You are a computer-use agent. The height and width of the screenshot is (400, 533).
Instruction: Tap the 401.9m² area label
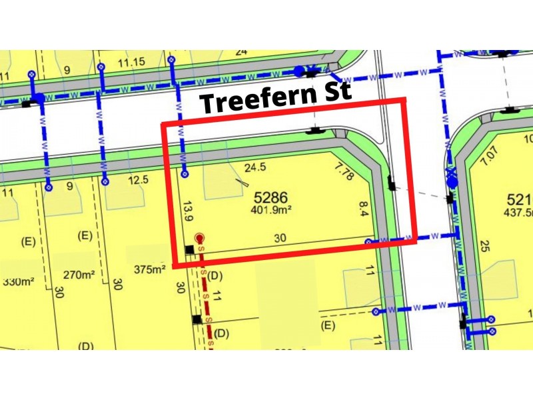click(272, 210)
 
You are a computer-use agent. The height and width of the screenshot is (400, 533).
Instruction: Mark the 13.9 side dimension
click(189, 212)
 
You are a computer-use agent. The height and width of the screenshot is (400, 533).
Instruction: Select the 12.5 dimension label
click(138, 179)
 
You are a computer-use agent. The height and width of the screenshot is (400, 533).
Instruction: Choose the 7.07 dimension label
click(488, 159)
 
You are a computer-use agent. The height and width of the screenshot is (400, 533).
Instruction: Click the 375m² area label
click(149, 269)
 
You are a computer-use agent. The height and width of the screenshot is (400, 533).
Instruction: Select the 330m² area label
click(19, 281)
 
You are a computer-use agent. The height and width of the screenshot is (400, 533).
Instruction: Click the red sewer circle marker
click(199, 237)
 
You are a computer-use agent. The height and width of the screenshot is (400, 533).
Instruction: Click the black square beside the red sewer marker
click(189, 250)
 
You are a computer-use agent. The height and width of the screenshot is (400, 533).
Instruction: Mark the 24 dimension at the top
click(241, 51)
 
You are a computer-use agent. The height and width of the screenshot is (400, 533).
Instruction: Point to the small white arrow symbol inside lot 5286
click(243, 183)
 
